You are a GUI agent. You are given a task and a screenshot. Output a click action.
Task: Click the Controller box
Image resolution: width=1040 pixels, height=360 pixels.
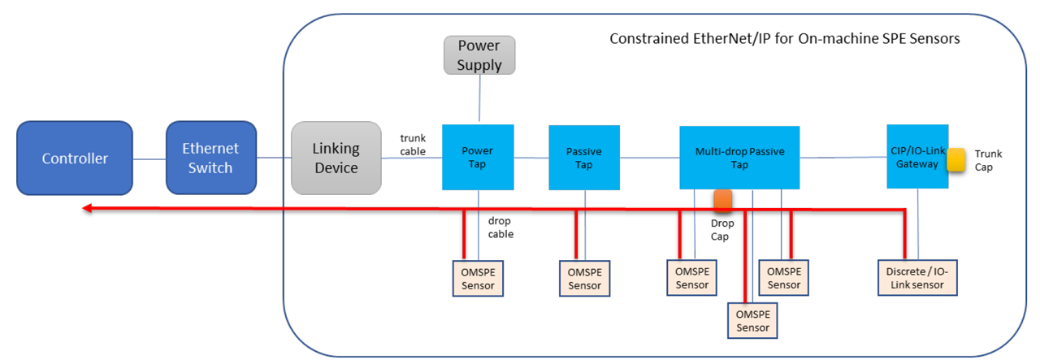pyautogui.click(x=75, y=158)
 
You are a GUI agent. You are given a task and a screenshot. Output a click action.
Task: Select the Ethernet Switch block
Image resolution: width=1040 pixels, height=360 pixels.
pyautogui.click(x=210, y=158)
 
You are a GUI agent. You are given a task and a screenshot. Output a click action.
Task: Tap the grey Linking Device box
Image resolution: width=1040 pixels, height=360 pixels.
pyautogui.click(x=336, y=158)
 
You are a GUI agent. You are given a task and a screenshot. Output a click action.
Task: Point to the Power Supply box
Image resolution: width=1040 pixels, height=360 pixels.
pyautogui.click(x=479, y=55)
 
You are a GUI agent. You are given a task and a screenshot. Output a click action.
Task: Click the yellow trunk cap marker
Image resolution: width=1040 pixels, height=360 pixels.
pyautogui.click(x=955, y=160)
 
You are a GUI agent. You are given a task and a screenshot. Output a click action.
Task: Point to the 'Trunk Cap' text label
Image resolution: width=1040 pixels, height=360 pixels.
pyautogui.click(x=988, y=160)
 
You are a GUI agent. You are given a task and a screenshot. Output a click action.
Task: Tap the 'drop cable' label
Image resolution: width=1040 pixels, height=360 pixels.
pyautogui.click(x=500, y=227)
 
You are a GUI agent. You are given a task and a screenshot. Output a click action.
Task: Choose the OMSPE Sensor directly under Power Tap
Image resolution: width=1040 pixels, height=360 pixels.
pyautogui.click(x=478, y=278)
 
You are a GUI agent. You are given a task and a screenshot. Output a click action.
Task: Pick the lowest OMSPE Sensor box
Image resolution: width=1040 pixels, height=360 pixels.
pyautogui.click(x=752, y=321)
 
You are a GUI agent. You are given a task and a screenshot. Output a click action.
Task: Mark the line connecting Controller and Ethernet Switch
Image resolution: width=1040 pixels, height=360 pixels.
pyautogui.click(x=149, y=158)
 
